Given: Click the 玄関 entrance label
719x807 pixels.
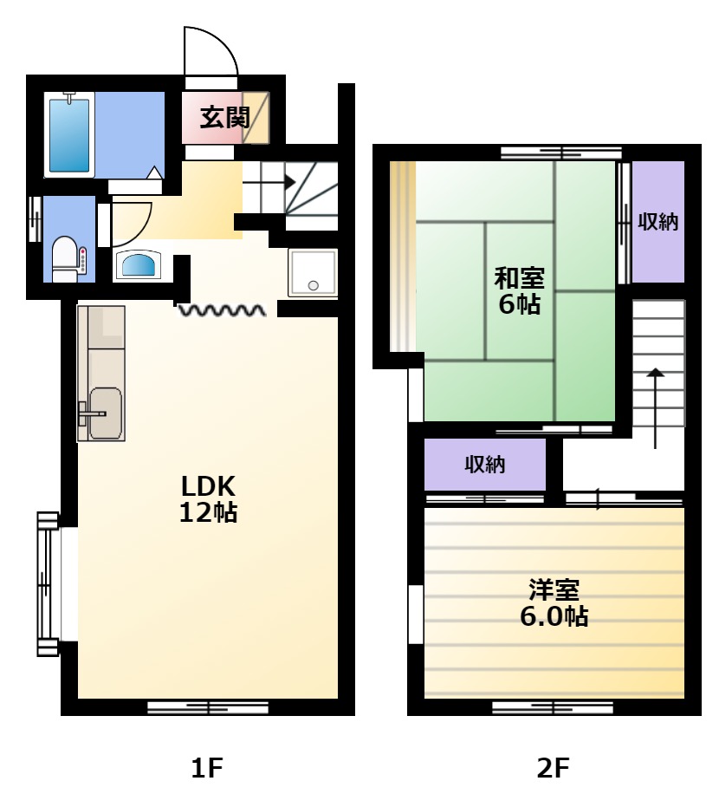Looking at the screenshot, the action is [x=224, y=118].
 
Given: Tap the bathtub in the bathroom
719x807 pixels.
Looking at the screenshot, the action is [x=69, y=135].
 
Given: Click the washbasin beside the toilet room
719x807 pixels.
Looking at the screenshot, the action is [x=139, y=264].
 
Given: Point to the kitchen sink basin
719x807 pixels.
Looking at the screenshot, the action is [x=106, y=413].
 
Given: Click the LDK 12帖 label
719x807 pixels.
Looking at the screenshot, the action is [x=208, y=498].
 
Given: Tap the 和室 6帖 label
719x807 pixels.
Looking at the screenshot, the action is [x=520, y=290].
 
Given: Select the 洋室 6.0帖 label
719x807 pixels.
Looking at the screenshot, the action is [x=554, y=603].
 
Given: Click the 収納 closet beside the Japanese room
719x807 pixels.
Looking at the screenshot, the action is [x=657, y=222].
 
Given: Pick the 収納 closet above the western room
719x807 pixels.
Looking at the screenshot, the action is [x=484, y=465].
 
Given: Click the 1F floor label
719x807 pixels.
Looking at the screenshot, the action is [x=207, y=768].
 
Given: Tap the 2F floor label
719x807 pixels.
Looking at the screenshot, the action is [x=553, y=768].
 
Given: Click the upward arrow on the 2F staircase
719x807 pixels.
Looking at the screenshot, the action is [x=655, y=408].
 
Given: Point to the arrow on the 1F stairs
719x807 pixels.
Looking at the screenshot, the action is [x=269, y=182].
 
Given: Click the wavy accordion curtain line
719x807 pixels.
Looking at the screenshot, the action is [x=222, y=309].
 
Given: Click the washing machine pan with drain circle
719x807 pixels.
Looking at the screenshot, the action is [x=313, y=273].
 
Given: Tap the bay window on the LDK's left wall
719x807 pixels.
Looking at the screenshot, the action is [x=49, y=584].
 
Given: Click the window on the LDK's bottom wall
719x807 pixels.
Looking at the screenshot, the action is [x=208, y=708].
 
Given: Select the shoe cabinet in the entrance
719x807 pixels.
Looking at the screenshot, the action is [x=256, y=118].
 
